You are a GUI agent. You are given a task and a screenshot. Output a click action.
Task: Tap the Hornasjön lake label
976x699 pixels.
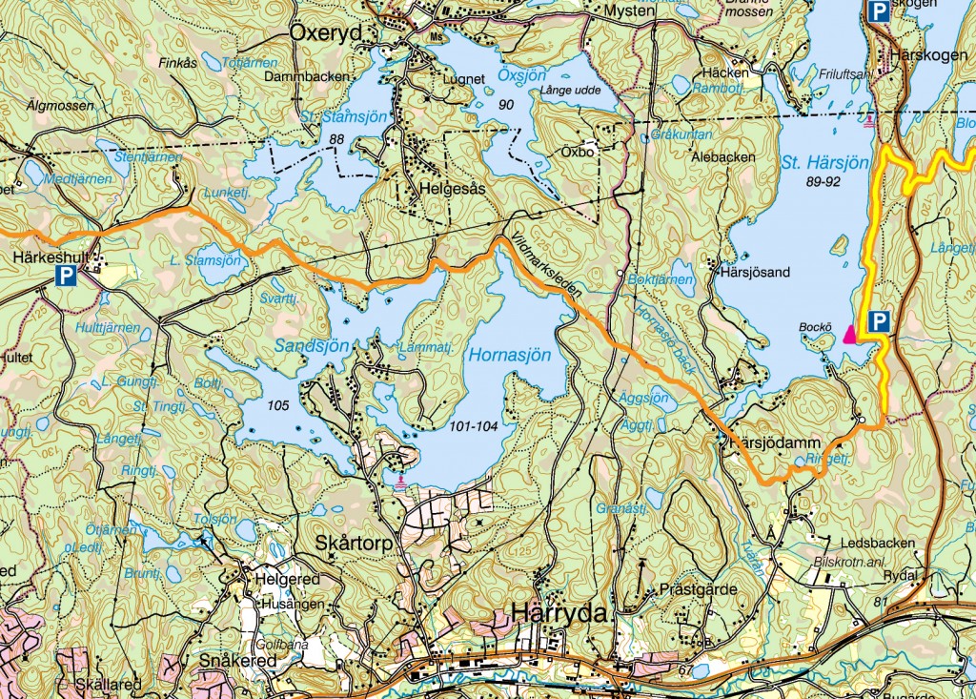coord(510,356)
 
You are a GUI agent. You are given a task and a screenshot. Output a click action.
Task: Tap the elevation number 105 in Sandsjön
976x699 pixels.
coord(278,405)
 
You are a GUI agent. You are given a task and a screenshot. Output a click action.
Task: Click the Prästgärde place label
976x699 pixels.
coord(698,589)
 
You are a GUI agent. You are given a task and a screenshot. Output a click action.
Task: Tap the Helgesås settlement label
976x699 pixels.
coord(452,189)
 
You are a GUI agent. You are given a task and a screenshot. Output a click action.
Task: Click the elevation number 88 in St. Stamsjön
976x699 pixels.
coord(335,140)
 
